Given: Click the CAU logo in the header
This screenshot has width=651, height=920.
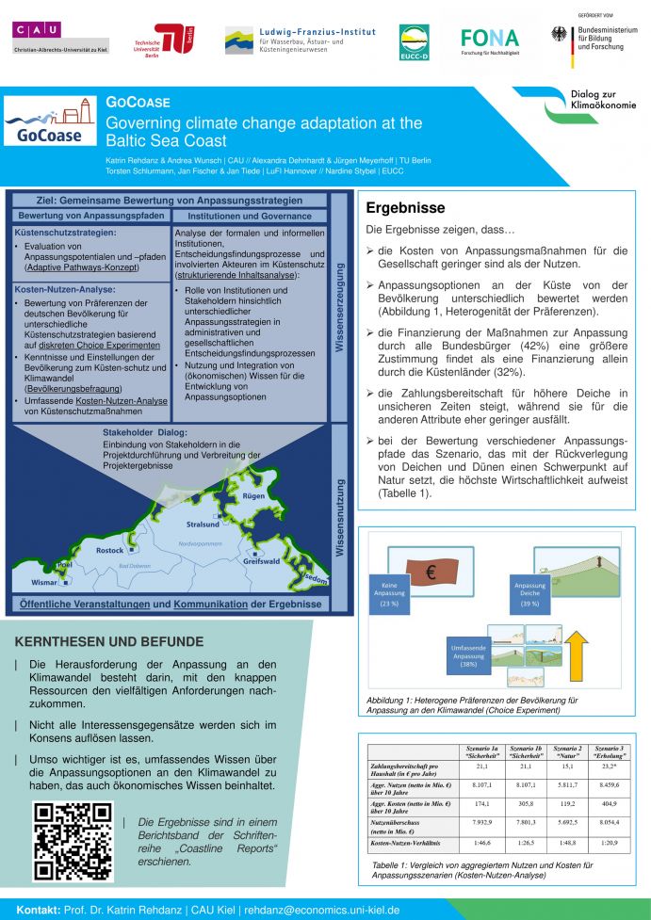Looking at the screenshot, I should pyautogui.click(x=60, y=36).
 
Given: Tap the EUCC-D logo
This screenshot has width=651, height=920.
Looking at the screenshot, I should pyautogui.click(x=415, y=42).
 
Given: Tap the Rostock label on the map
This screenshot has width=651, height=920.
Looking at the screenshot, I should pyautogui.click(x=110, y=550).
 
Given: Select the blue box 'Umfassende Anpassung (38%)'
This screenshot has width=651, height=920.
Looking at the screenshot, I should pyautogui.click(x=464, y=655).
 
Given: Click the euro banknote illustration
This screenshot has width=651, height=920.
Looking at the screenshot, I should pyautogui.click(x=431, y=571).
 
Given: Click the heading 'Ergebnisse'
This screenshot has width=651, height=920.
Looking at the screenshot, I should pyautogui.click(x=405, y=208).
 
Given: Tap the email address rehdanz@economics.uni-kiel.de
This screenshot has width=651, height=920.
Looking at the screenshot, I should pyautogui.click(x=321, y=911).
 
